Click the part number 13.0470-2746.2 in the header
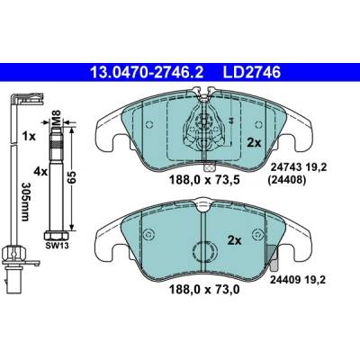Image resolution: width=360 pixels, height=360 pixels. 147,73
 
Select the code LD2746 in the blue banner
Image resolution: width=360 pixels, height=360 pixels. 252,73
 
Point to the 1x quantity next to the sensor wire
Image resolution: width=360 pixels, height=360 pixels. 30,137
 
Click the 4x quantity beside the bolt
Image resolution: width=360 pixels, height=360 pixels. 40,172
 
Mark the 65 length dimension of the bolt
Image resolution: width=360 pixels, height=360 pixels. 72,177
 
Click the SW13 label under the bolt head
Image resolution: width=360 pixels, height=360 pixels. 57,246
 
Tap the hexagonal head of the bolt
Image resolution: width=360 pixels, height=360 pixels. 57,236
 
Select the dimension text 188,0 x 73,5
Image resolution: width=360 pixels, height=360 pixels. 205,180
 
